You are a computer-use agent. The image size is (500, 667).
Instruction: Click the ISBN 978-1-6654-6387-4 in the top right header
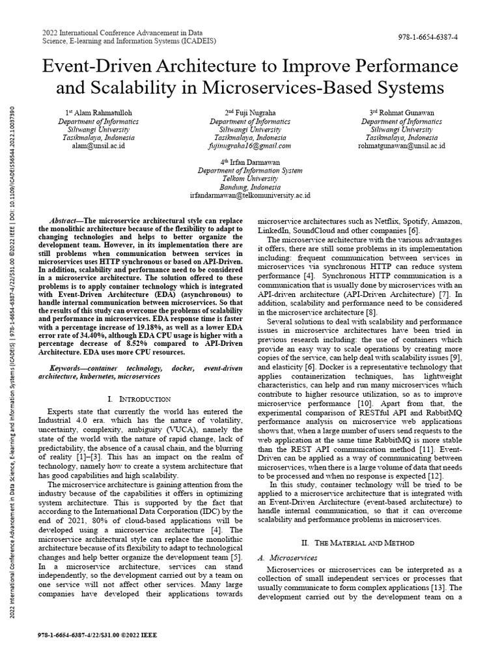coord(428,37)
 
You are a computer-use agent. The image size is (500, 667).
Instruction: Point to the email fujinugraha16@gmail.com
coord(250,146)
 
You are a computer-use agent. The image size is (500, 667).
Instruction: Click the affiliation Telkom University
coord(250,178)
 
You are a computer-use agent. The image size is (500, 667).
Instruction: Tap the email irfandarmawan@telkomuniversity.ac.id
coord(250,195)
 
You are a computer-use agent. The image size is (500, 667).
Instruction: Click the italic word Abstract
coord(64,221)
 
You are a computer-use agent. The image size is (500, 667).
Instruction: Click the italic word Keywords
coord(67,368)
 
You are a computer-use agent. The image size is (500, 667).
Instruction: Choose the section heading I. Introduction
coord(141,399)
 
